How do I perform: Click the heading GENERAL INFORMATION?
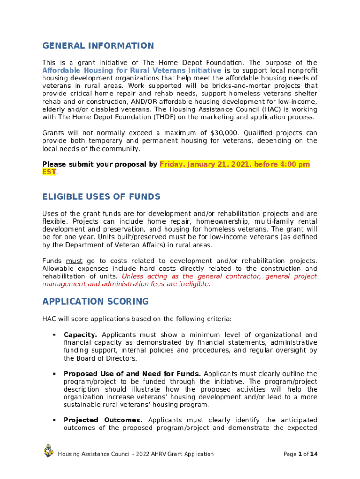98,46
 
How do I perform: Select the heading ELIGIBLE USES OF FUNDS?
101,196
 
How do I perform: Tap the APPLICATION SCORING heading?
95,301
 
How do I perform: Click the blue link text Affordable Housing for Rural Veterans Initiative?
132,71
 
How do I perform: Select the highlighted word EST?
49,172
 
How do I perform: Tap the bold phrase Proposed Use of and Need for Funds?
132,374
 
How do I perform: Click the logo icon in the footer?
49,451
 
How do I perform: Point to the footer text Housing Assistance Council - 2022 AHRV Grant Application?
136,454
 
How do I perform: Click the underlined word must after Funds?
74,261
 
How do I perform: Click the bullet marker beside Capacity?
54,335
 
